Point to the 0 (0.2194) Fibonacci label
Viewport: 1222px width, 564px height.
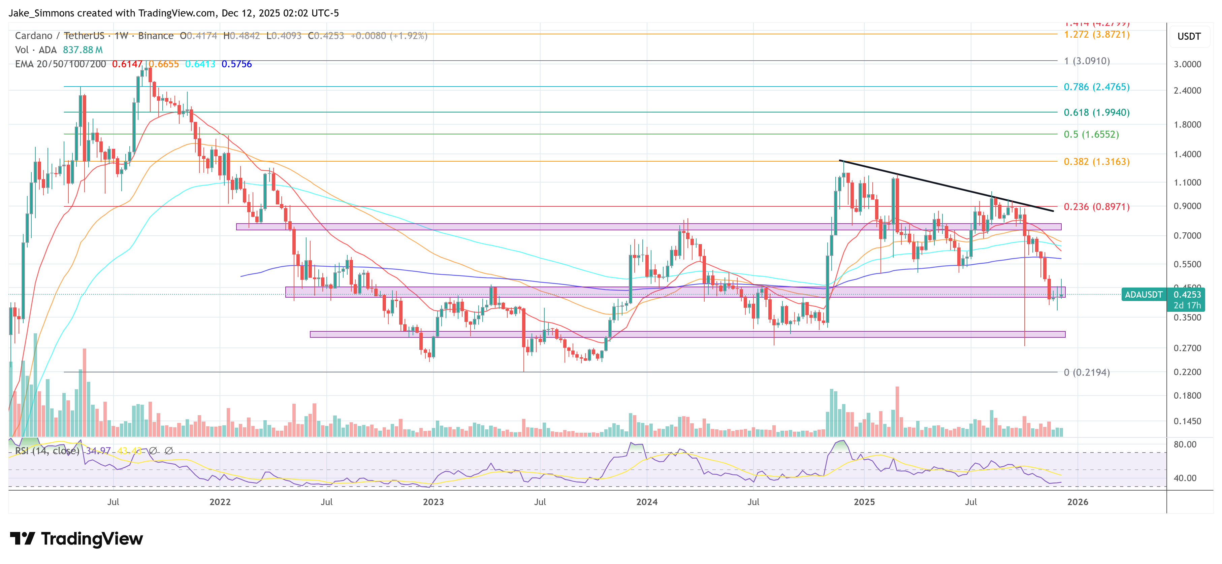1086,372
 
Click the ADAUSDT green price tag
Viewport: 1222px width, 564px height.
1143,295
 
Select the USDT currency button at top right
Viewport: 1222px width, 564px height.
1189,36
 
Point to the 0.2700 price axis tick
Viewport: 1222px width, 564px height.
1187,348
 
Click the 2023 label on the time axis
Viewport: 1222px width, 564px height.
433,502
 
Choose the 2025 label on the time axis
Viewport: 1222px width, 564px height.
864,502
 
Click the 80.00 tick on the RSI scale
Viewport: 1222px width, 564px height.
1185,444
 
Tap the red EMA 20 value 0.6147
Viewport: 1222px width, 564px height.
127,64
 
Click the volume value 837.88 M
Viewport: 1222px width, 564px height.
83,50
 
